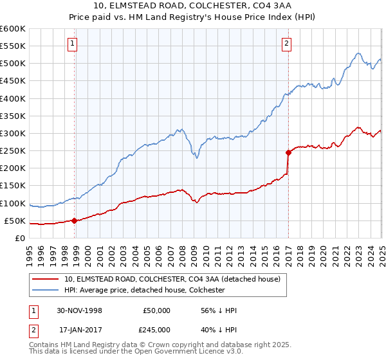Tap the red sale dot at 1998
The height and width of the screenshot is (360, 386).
point(75,221)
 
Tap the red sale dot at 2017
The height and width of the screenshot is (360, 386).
point(288,152)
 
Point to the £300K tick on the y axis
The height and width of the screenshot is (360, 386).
point(13,133)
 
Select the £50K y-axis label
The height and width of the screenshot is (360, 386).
point(15,221)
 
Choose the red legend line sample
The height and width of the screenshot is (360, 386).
point(45,280)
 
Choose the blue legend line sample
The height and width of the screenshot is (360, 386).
point(45,291)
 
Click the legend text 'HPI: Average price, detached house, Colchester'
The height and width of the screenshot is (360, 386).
point(144,291)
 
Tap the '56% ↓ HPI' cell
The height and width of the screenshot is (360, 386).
point(219,310)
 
